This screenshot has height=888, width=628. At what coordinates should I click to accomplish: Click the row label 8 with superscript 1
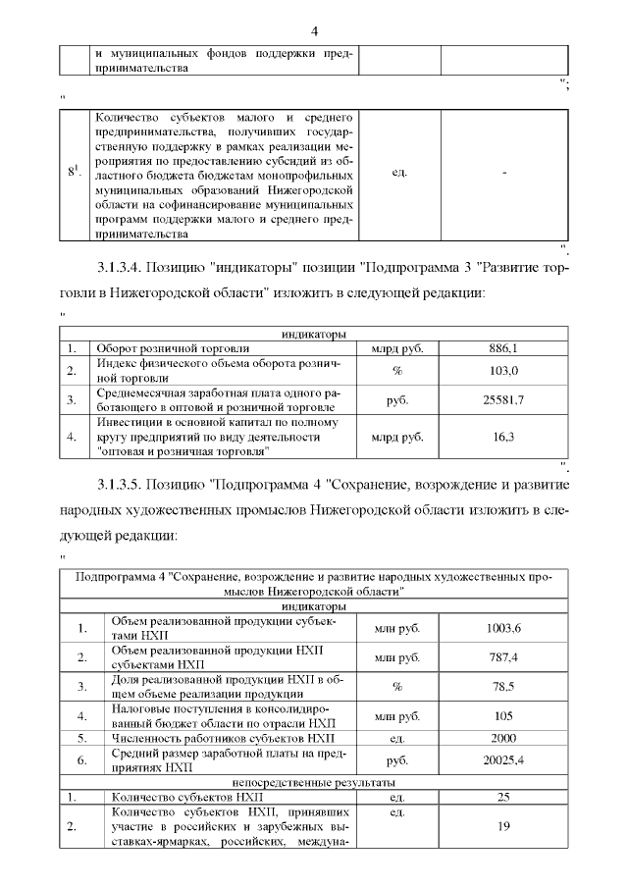pyautogui.click(x=74, y=173)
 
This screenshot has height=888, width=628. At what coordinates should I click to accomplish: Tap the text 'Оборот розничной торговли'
pyautogui.click(x=172, y=348)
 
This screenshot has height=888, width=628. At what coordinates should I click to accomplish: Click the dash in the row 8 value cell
pyautogui.click(x=503, y=174)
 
